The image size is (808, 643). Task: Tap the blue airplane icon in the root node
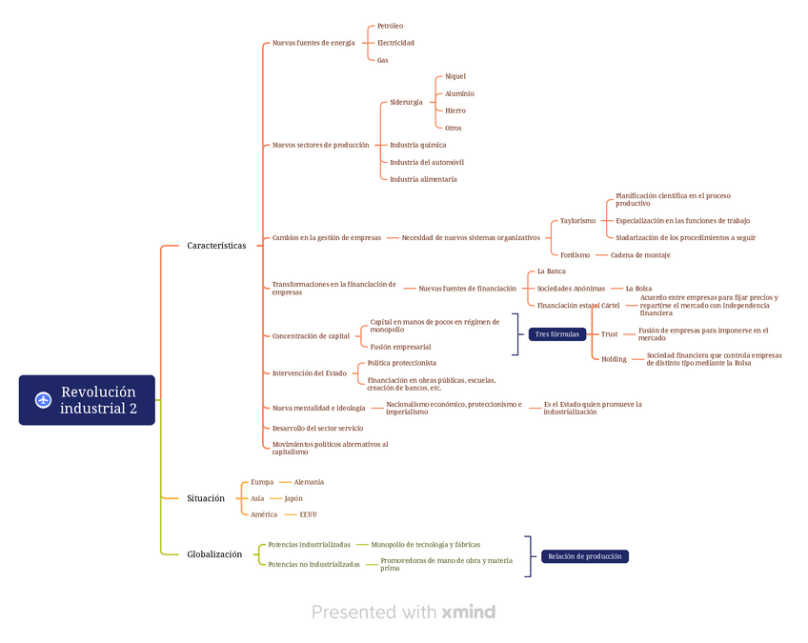click(43, 400)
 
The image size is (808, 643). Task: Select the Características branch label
click(216, 246)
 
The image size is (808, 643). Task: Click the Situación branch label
click(206, 498)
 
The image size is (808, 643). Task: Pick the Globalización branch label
click(214, 554)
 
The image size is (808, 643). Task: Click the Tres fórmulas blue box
click(557, 334)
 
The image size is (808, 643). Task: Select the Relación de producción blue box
click(585, 556)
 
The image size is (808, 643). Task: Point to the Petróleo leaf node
click(390, 26)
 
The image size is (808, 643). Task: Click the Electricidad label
click(395, 43)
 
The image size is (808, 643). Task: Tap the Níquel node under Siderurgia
click(455, 76)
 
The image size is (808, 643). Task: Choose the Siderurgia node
click(406, 102)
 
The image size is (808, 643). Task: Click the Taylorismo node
click(577, 221)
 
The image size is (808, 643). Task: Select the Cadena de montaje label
click(640, 255)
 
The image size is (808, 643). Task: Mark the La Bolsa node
click(638, 289)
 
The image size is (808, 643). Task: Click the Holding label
click(614, 359)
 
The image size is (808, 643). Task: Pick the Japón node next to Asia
click(293, 498)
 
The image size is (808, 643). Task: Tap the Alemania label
click(309, 482)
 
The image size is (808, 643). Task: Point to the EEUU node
click(308, 514)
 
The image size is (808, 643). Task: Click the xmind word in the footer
click(469, 613)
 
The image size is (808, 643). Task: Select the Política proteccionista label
click(402, 363)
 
